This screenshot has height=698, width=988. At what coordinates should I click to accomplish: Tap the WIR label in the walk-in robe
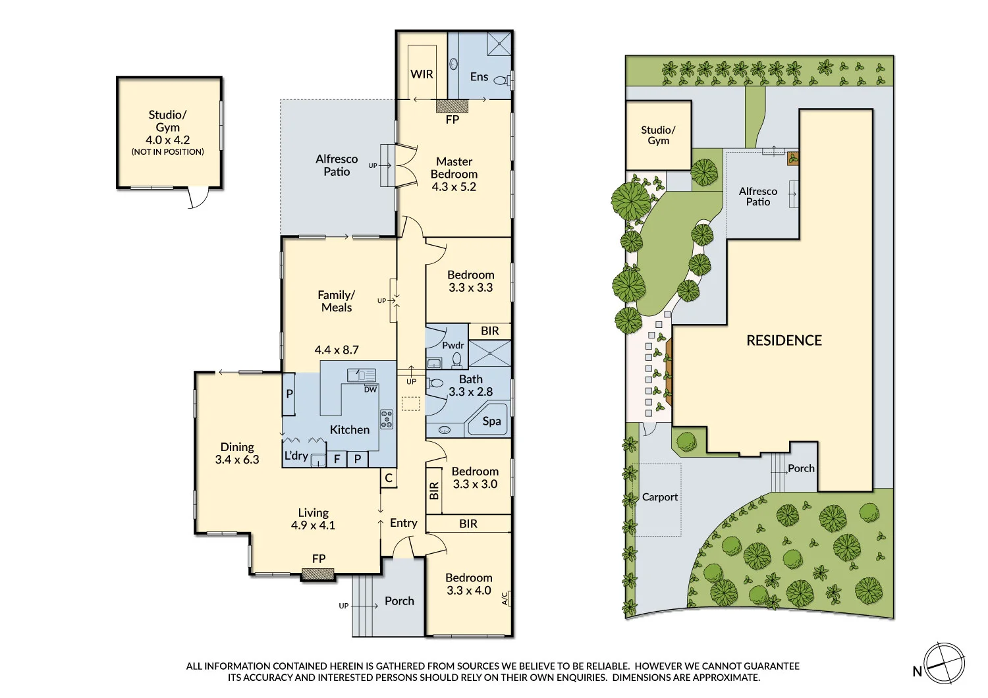coord(422,74)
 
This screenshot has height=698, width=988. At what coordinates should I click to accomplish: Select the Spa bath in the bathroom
coord(491,421)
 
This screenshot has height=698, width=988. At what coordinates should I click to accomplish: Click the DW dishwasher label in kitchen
coord(371,389)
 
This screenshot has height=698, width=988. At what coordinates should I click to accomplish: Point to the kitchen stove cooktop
coord(387,419)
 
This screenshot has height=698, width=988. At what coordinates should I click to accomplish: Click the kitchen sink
coord(362,375)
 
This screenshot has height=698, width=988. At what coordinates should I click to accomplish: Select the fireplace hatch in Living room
coord(318,575)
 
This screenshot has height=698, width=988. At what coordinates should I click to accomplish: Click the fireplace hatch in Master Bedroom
coord(452,106)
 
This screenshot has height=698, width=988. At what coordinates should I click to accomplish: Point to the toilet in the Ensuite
coord(501,81)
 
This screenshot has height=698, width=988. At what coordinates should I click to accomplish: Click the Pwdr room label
coord(453,345)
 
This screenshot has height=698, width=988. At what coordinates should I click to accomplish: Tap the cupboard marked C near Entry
coord(389,478)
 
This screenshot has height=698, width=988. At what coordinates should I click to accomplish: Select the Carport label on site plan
coord(659,497)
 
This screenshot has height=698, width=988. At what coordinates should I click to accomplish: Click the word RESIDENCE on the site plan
coord(784,340)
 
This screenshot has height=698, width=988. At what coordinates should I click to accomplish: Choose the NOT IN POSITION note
coord(167,152)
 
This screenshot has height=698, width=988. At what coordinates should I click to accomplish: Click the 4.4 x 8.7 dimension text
coord(337,350)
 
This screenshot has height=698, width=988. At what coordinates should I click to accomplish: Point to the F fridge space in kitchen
coord(337,459)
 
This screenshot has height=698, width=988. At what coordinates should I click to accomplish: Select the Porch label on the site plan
coord(801,468)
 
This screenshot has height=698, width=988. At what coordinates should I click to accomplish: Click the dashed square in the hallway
coord(410,404)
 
